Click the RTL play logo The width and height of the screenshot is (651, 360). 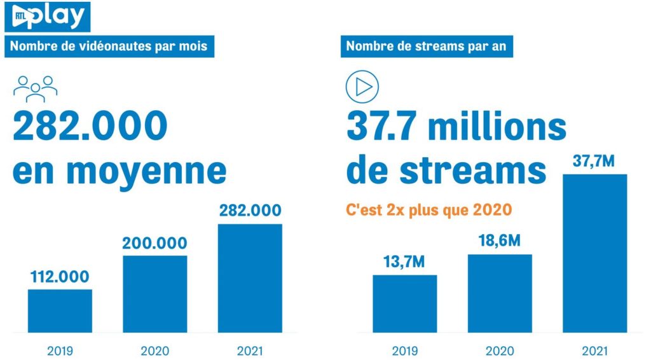point(47,17)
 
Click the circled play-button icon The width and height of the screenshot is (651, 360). point(362,87)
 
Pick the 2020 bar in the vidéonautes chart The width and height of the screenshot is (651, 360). point(154,293)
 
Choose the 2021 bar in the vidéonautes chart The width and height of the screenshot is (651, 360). point(250,277)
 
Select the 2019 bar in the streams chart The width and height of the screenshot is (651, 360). point(404,303)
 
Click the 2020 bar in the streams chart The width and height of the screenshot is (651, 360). point(500,293)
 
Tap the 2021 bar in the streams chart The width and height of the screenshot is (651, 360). point(595,253)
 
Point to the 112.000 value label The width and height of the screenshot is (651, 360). point(60,277)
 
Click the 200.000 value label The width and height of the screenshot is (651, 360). point(155,243)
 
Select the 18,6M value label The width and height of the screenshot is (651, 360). point(500,242)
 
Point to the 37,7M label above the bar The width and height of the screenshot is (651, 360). point(594,162)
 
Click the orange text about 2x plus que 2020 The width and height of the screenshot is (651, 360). point(429,209)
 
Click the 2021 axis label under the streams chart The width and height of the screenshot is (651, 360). point(595,350)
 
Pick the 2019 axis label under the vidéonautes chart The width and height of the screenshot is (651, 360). point(60,350)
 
